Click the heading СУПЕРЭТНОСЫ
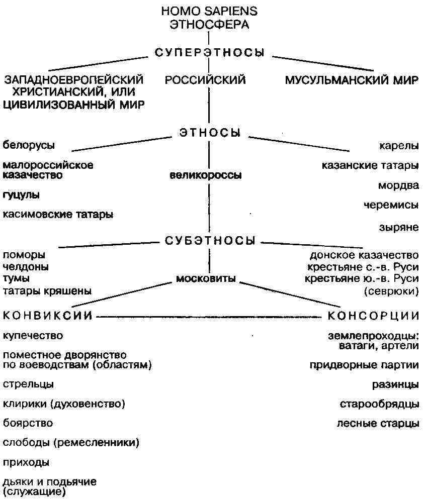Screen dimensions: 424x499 coord(209,52)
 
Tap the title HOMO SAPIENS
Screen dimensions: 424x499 coord(209,11)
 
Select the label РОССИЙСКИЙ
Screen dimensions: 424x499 coord(205,79)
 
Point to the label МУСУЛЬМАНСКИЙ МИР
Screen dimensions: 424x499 coord(352,80)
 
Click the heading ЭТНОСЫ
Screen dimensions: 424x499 coord(210,132)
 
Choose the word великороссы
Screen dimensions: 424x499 coord(206,175)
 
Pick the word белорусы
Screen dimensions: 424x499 coord(29,145)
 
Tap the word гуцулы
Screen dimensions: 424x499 coord(21,195)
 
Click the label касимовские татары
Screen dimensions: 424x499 coord(58,214)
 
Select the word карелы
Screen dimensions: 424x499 coord(398,146)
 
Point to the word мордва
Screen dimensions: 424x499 coord(398,185)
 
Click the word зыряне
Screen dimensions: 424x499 coord(398,227)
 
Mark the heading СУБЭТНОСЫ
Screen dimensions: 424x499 coord(210,241)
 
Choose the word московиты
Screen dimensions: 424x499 coord(206,278)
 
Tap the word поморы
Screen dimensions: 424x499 coord(24,255)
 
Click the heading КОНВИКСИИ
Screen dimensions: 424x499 coord(47,316)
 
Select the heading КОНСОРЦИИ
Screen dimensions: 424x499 coord(373,316)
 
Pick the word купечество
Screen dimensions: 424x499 coord(33,336)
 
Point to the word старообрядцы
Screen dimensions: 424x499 coord(379,404)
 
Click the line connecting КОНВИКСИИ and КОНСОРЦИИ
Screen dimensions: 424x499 coord(209,317)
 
